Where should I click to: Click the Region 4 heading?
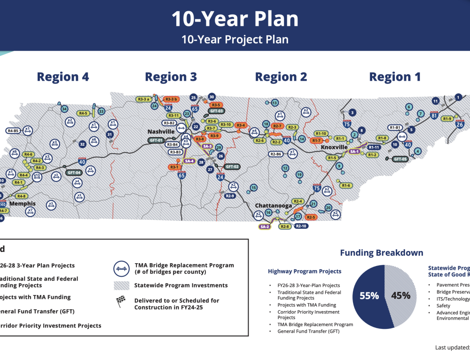[63, 77]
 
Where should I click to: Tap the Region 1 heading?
[395, 77]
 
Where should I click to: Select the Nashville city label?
[161, 132]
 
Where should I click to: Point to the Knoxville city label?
[334, 147]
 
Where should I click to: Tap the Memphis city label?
[23, 203]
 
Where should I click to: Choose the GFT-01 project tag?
[156, 140]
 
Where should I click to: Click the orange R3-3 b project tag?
[171, 99]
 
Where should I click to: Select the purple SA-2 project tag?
[265, 227]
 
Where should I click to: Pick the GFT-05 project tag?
[400, 159]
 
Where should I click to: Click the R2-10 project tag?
[301, 226]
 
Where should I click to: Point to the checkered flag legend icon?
[121, 302]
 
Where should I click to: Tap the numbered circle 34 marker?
[64, 109]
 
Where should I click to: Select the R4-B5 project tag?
[13, 131]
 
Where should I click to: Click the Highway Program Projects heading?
[305, 271]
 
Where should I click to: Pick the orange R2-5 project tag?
[310, 217]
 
